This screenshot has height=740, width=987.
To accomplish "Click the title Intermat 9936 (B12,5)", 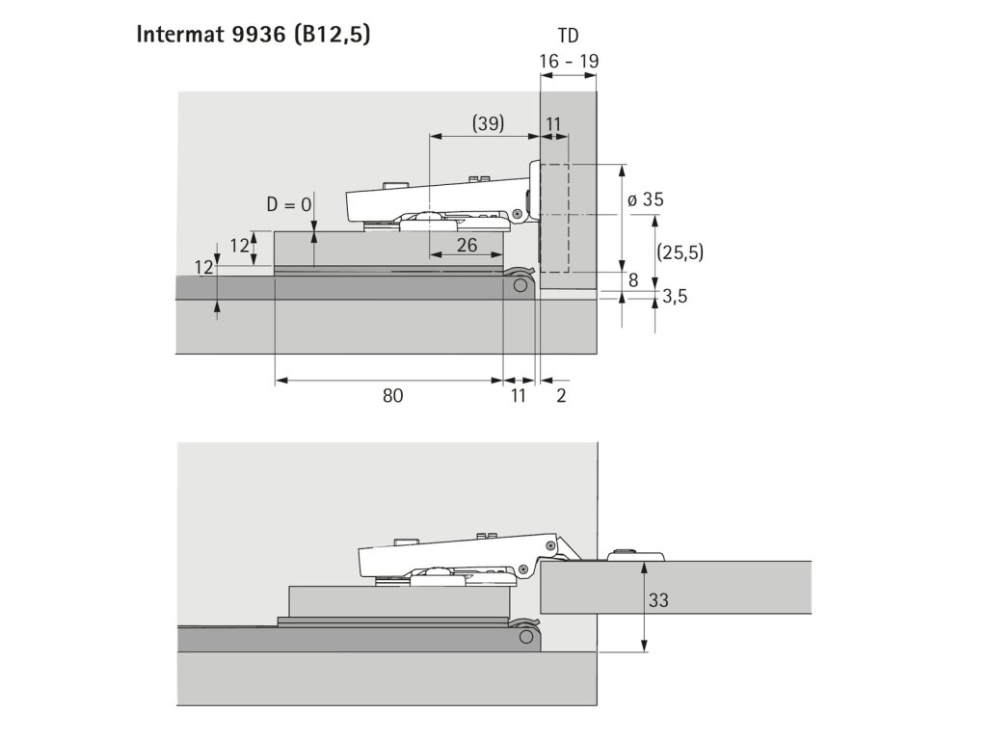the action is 253,35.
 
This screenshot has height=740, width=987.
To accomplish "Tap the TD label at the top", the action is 568,36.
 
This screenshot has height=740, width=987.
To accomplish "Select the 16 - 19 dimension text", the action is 569,61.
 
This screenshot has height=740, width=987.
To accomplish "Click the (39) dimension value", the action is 488,123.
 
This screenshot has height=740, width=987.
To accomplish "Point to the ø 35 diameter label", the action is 645,199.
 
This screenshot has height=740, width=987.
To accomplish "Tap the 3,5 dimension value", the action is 674,297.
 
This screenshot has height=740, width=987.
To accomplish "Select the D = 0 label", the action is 288,204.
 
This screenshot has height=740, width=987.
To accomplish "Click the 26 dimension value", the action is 467,245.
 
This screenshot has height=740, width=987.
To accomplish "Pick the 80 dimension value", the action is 392,396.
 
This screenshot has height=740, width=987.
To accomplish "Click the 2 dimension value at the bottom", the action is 562,396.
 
